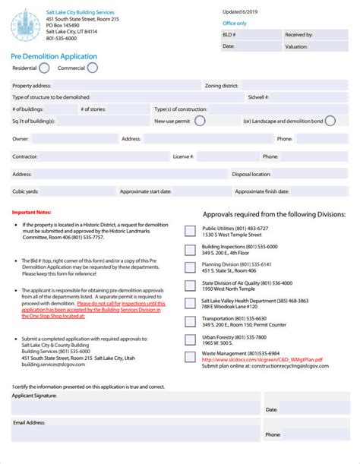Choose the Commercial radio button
(92, 68)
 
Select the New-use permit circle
(200, 120)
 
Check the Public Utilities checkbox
(190, 231)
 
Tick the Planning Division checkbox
(190, 267)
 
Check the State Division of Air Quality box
(190, 286)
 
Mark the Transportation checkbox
(190, 321)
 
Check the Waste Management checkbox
(190, 358)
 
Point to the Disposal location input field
(308, 174)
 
